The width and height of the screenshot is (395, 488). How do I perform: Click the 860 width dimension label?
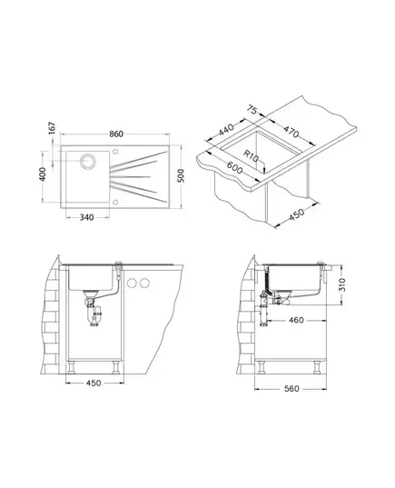(x=116, y=134)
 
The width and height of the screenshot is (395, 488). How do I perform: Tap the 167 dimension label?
(x=53, y=128)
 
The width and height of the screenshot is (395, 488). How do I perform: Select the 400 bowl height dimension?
(x=43, y=174)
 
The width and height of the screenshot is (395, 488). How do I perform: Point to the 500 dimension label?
(x=181, y=175)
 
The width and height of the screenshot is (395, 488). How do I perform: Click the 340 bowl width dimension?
(x=87, y=217)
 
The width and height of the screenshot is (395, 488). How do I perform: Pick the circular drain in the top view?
(x=88, y=161)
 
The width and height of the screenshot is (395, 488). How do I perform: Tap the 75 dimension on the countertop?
(x=252, y=110)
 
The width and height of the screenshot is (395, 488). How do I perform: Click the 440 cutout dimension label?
(x=226, y=130)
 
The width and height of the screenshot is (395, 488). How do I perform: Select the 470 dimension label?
(x=291, y=132)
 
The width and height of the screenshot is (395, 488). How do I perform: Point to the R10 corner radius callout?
(x=251, y=156)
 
